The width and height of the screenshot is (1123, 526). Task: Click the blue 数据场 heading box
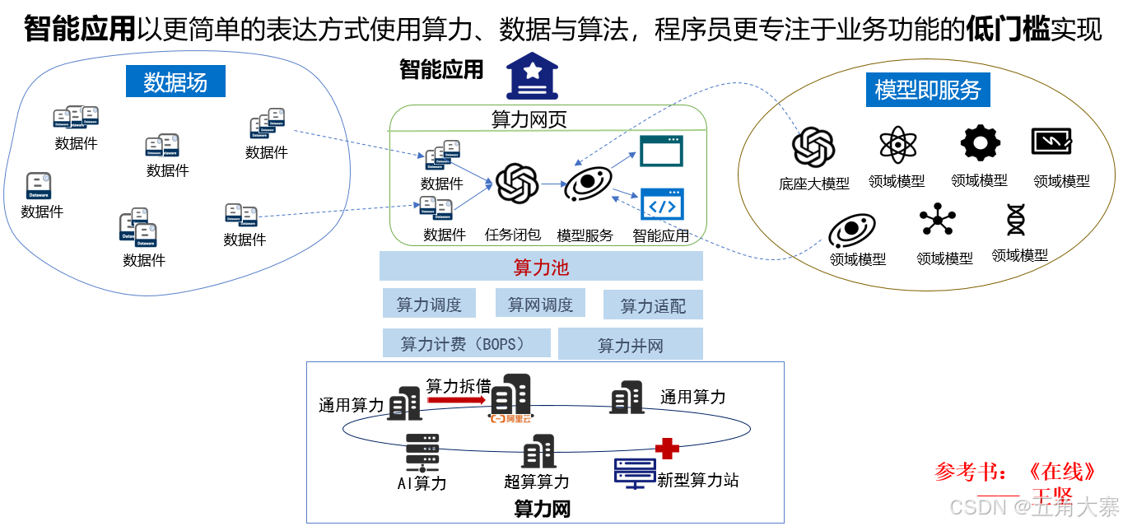coord(175,81)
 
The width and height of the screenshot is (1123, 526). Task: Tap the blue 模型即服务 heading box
coord(927,90)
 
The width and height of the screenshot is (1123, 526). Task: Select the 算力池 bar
coord(541,267)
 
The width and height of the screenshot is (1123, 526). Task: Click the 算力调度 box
coord(429,304)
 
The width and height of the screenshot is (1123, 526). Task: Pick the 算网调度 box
coord(540,304)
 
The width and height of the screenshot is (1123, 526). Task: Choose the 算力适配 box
coord(653,305)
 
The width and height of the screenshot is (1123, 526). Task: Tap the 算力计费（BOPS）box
coord(466,342)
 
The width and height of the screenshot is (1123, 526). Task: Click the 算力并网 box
coord(630,345)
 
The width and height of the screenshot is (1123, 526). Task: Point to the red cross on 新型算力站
coord(667,448)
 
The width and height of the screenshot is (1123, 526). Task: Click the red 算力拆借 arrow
coord(457,400)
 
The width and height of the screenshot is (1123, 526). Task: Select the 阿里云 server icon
coord(510,399)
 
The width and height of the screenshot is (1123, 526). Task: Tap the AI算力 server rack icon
coord(422,453)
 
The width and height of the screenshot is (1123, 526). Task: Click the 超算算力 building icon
coord(538,452)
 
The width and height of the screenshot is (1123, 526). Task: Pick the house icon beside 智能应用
coord(533,76)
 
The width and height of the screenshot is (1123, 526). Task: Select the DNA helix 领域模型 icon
coord(1018,220)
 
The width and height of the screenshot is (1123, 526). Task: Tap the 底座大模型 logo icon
coord(813,147)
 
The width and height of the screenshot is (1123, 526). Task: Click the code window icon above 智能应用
coord(662,205)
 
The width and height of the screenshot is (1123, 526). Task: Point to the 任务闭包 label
coord(513,235)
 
